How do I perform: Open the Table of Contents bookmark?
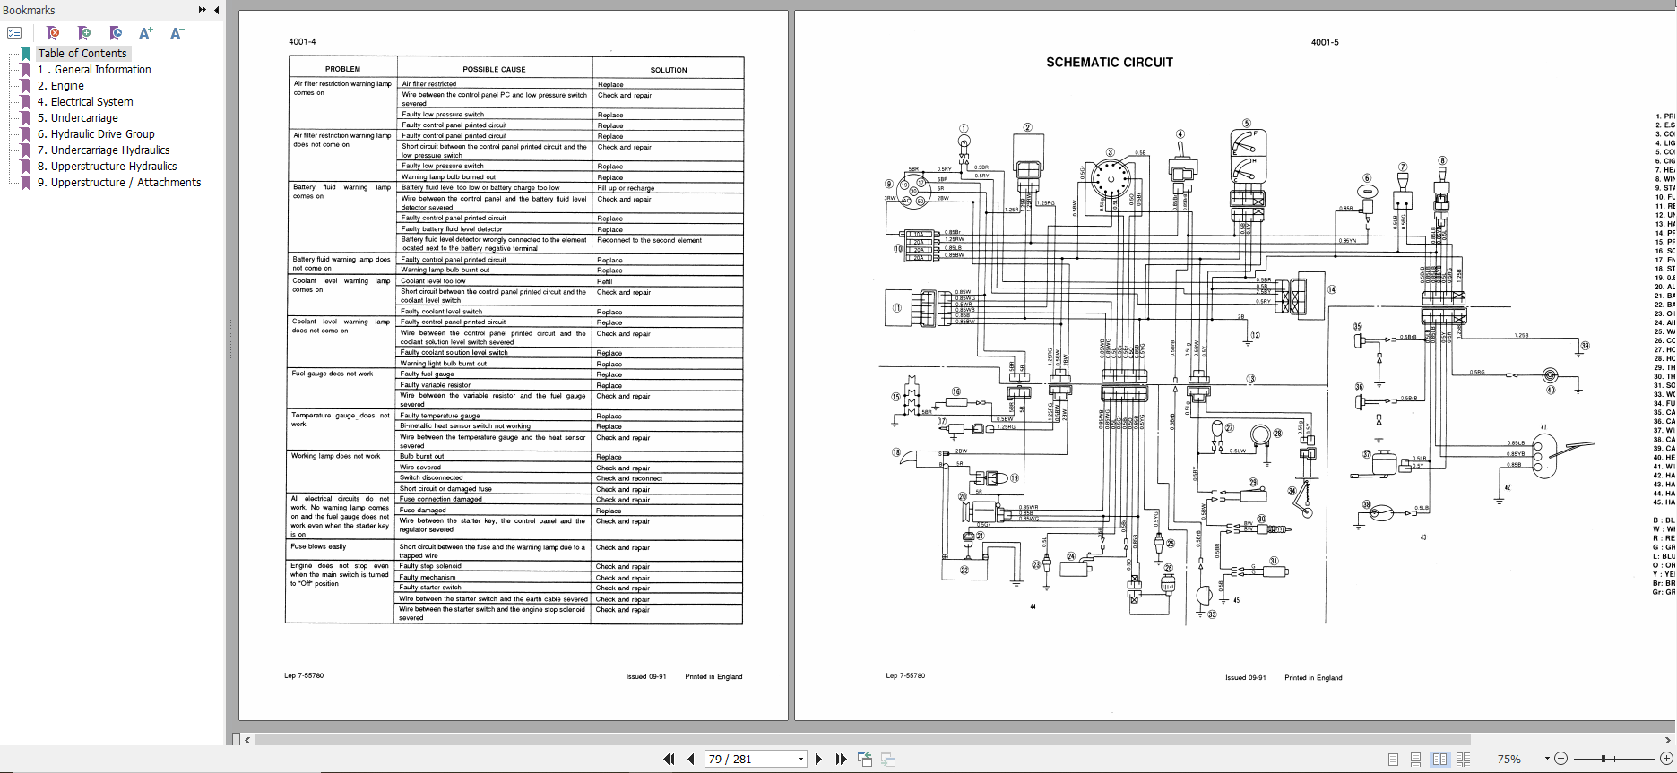tap(82, 54)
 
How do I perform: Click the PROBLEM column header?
tap(342, 69)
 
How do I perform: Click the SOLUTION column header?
tap(668, 70)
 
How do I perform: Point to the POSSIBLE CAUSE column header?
tap(494, 69)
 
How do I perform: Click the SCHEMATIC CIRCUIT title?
tap(1109, 63)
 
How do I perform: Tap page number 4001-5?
tap(1324, 42)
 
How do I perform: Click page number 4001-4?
tap(302, 42)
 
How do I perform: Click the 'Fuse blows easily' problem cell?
tap(318, 546)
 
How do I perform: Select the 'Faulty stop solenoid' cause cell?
tap(430, 566)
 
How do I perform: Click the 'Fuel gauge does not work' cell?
tap(332, 374)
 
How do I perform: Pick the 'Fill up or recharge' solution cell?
tap(626, 188)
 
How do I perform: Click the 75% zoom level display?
tap(1509, 759)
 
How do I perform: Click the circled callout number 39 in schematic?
tap(1585, 346)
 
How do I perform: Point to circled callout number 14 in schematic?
tap(1332, 289)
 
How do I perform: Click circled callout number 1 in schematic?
tap(964, 128)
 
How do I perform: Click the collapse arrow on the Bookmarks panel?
tap(216, 10)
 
